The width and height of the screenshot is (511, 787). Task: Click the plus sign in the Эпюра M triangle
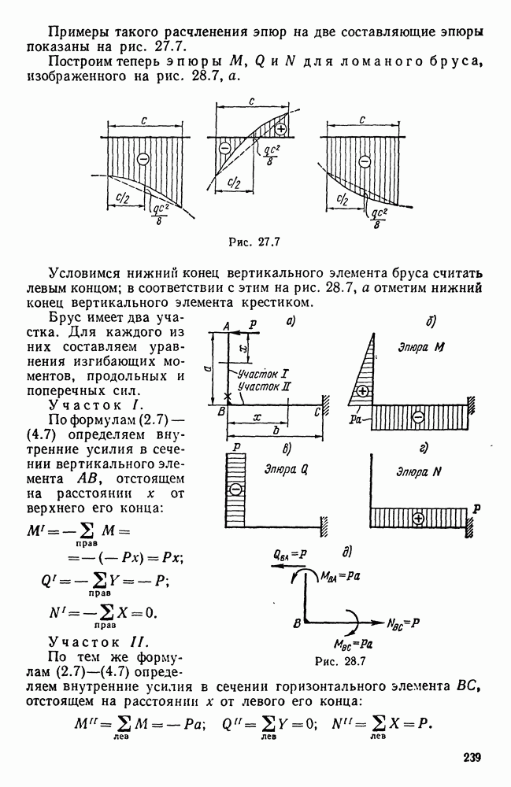tap(363, 390)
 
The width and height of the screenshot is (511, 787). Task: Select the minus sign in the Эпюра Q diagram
tap(235, 489)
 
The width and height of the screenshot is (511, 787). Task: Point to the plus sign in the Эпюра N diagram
tap(417, 518)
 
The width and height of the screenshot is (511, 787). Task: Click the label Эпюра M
tap(420, 347)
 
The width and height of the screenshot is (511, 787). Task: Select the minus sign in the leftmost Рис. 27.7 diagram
tap(143, 158)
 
